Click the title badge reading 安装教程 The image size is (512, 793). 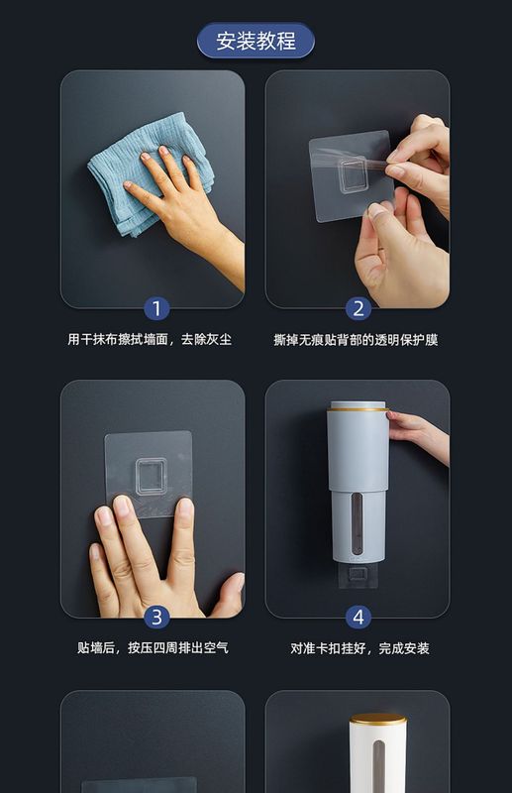click(x=256, y=41)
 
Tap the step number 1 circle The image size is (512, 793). click(x=156, y=308)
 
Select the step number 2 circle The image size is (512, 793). click(x=358, y=308)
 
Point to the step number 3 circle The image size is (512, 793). click(x=156, y=617)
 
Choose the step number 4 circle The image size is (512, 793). click(x=358, y=617)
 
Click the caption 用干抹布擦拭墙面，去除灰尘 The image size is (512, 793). click(x=151, y=339)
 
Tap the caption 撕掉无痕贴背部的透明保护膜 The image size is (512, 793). click(x=356, y=340)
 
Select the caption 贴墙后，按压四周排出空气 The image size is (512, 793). click(x=153, y=648)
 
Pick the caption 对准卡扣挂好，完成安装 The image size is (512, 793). click(x=359, y=648)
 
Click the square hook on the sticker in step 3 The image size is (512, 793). click(x=151, y=477)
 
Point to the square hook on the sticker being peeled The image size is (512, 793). click(x=352, y=175)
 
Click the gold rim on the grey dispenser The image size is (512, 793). click(x=358, y=409)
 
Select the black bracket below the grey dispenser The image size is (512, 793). click(x=358, y=576)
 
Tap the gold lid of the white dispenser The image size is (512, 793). click(x=378, y=718)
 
